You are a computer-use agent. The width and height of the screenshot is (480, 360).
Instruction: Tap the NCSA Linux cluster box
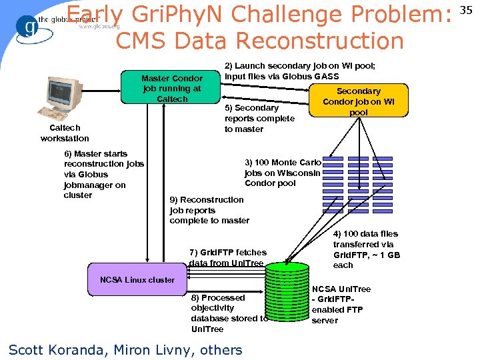click(137, 280)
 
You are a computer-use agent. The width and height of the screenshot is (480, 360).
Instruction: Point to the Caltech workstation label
click(65, 133)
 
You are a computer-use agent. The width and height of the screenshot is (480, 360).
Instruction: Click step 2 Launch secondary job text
click(300, 71)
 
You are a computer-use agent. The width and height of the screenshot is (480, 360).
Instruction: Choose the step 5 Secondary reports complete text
click(259, 118)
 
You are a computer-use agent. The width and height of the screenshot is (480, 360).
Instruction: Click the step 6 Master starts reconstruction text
click(103, 174)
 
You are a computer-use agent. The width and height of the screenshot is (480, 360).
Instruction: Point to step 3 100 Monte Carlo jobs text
click(283, 173)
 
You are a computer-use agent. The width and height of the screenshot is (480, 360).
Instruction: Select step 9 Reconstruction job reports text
click(209, 210)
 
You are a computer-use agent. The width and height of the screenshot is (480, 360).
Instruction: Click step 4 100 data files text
click(367, 249)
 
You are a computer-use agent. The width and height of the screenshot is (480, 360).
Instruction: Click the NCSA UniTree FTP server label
click(341, 305)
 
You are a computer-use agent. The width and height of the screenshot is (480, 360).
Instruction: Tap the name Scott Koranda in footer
click(58, 349)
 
